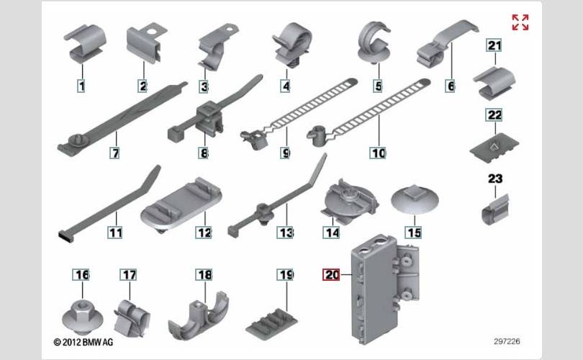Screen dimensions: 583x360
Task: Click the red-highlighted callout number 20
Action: coord(331,275)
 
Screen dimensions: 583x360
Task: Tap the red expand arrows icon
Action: coord(520,22)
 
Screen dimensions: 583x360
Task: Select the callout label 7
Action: coord(115,153)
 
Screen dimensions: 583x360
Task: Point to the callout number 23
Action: coord(495,179)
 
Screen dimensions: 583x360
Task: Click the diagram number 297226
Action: coord(507,341)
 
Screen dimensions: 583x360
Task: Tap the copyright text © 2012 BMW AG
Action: coord(83,342)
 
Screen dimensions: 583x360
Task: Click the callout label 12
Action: coord(204,233)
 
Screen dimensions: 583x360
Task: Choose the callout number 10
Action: coord(378,153)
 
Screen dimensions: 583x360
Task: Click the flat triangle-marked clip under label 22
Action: coord(494,148)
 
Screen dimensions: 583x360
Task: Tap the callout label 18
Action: coord(204,275)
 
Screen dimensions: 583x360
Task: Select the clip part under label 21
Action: coord(494,84)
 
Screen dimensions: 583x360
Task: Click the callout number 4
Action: coord(286,86)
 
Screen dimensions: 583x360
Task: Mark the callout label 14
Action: coord(331,233)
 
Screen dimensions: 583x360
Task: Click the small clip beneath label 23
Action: coord(495,210)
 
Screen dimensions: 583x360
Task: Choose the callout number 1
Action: coord(81,86)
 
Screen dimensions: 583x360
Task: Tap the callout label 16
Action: coord(81,275)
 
